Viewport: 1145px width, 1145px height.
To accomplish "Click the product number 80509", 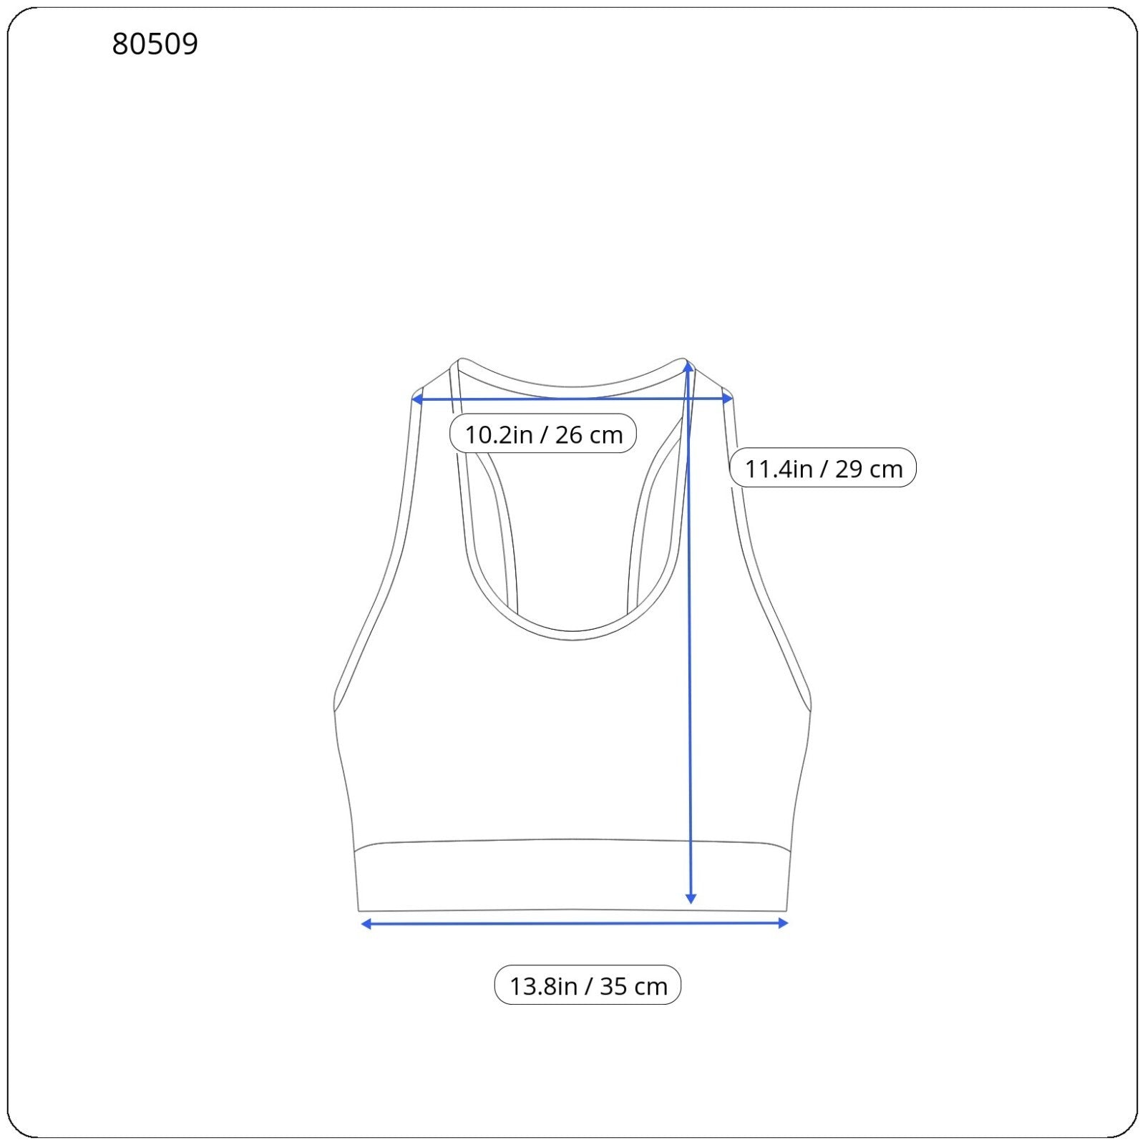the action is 155,44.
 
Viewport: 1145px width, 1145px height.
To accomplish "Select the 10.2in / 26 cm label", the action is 543,434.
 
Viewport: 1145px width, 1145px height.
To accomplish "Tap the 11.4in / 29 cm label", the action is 823,468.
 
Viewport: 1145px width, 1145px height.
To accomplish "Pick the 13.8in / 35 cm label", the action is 588,985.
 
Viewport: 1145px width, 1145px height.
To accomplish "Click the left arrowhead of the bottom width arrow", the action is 366,924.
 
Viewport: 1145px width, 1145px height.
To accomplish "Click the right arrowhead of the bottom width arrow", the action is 783,923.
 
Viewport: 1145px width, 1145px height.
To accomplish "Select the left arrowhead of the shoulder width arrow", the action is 417,399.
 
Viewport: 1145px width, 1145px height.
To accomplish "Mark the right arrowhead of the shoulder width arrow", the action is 728,399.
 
